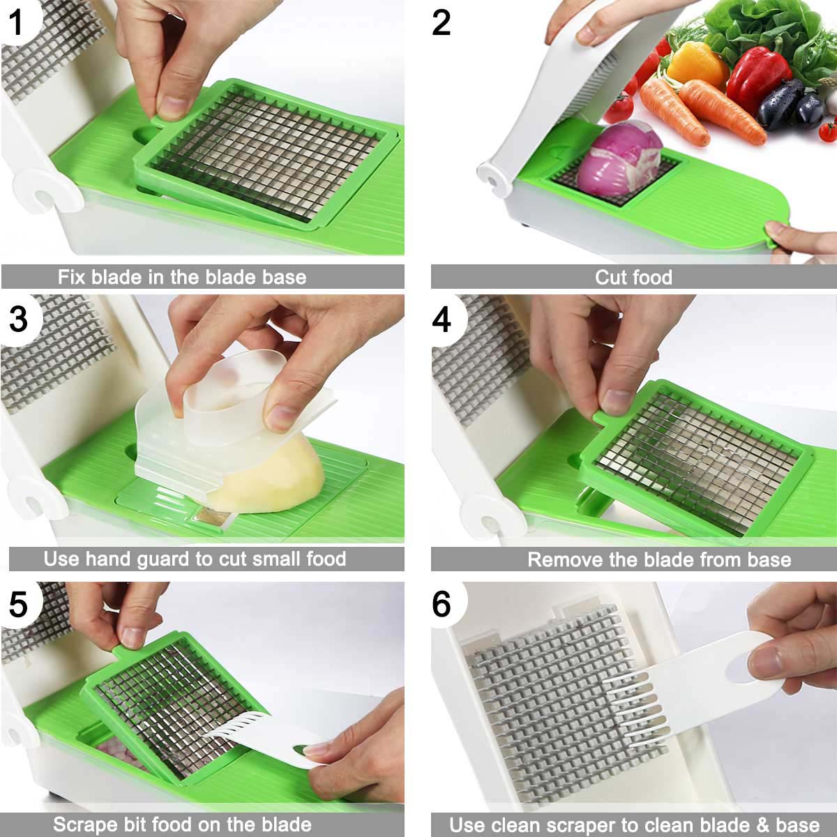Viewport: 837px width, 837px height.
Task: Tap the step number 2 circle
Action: [441, 23]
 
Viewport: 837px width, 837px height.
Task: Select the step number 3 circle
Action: [19, 319]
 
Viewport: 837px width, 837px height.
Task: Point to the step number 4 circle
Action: [441, 319]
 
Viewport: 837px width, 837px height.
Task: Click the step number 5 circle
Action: [19, 604]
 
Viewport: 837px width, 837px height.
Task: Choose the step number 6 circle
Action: [441, 604]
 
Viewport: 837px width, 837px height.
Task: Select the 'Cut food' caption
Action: [633, 277]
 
